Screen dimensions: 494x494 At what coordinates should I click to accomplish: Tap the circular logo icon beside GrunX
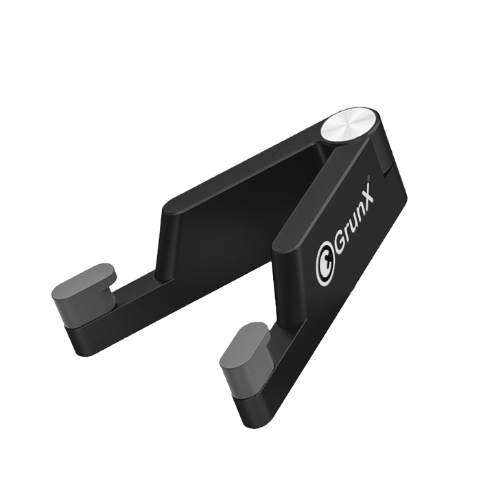coord(327,272)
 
